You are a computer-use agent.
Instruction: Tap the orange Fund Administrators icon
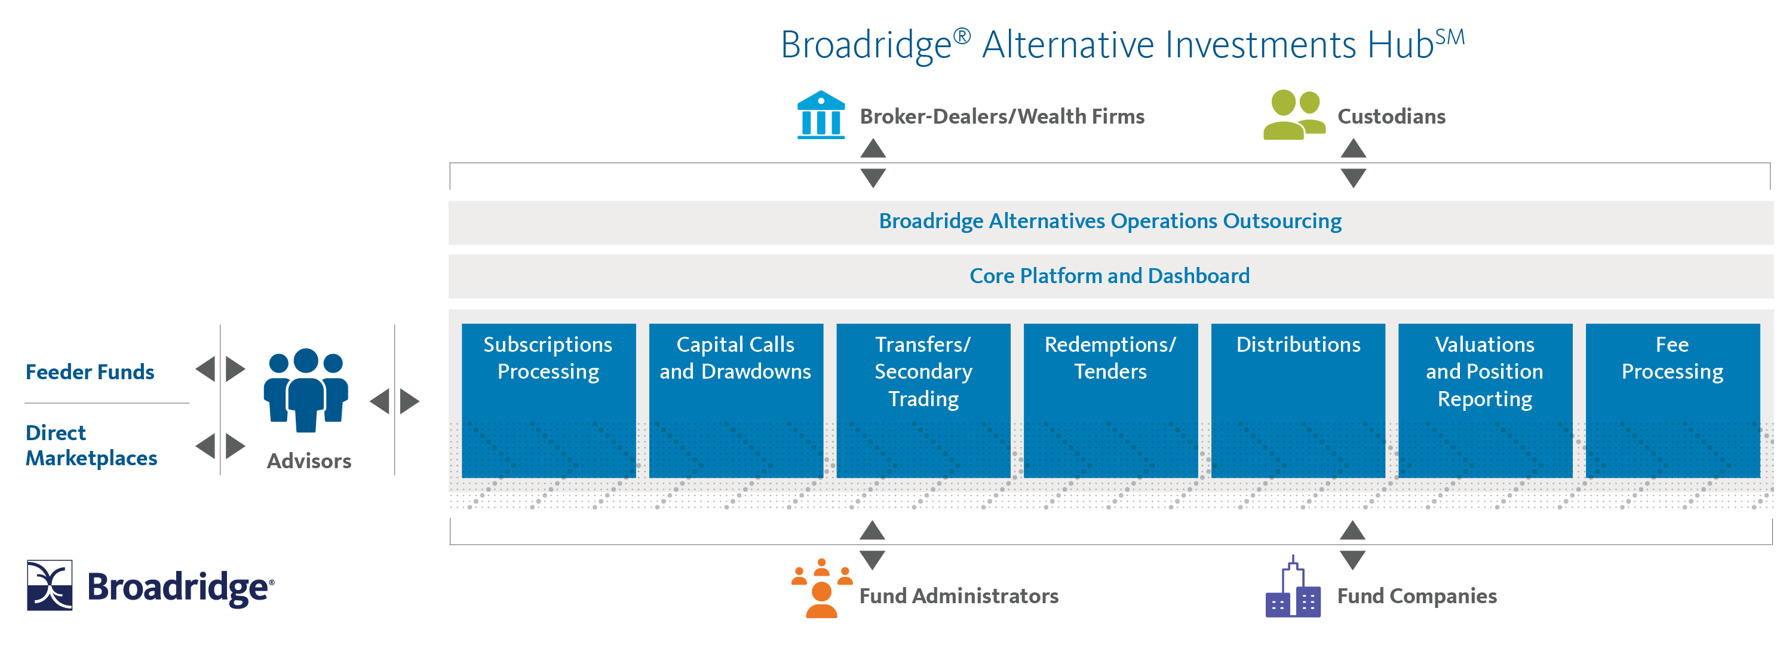coord(821,589)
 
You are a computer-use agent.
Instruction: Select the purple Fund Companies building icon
coord(1293,589)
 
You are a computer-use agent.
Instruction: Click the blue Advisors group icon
coord(306,389)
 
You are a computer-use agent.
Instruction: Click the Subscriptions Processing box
coord(548,400)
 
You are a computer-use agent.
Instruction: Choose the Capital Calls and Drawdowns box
coord(735,400)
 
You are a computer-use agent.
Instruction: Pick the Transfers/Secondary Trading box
coord(923,400)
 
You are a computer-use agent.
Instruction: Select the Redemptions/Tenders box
coord(1110,400)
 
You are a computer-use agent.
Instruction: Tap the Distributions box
coord(1298,400)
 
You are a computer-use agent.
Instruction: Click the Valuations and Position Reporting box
coord(1485,400)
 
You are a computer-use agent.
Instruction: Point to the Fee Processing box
coord(1673,400)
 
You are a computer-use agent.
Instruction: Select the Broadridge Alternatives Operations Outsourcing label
coord(1110,221)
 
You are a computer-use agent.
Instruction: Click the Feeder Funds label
coord(90,372)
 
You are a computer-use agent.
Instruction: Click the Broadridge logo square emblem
coord(50,585)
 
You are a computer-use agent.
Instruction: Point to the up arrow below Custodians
coord(1353,148)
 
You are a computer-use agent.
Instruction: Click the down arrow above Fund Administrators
coord(872,560)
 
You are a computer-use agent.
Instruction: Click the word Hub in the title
coord(1400,45)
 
